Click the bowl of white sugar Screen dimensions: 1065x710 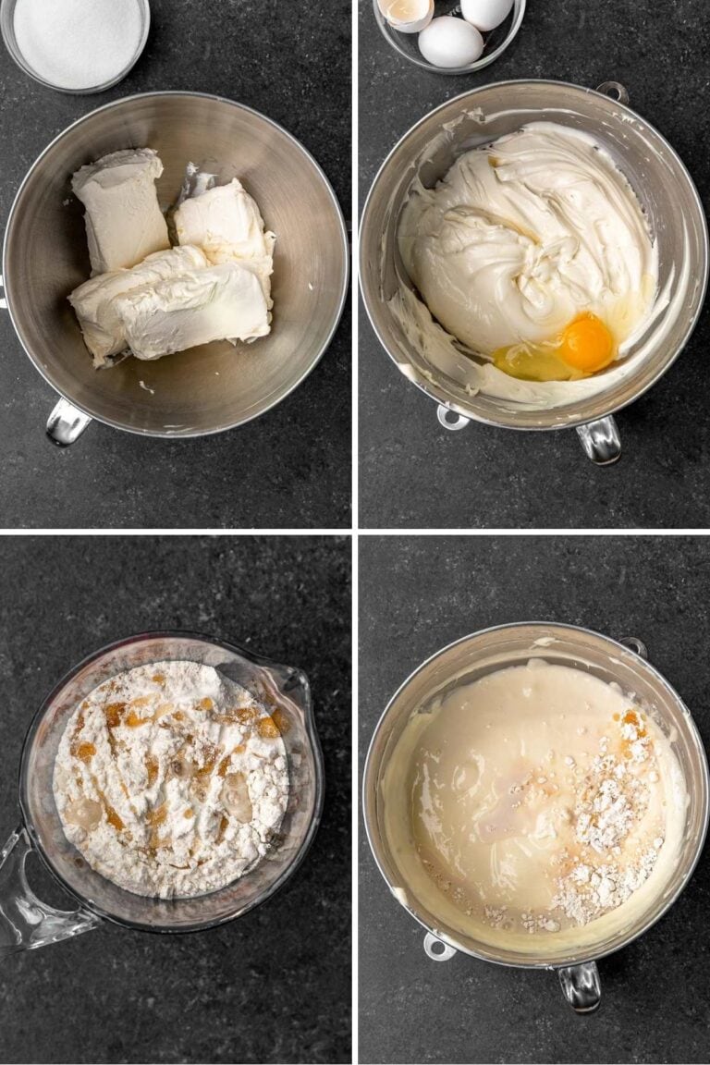78,41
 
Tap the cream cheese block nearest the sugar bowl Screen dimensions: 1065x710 119,208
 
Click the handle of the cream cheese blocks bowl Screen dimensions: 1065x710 67,422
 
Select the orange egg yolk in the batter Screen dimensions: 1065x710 587,343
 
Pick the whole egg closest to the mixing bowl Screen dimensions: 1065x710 450,42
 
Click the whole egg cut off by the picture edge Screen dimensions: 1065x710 487,11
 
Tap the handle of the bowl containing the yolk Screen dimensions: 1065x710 599,439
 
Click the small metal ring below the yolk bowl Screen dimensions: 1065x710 452,417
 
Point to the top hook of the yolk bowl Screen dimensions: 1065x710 612,91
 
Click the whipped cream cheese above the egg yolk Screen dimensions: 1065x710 518,240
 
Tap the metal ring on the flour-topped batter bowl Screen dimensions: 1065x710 439,947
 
